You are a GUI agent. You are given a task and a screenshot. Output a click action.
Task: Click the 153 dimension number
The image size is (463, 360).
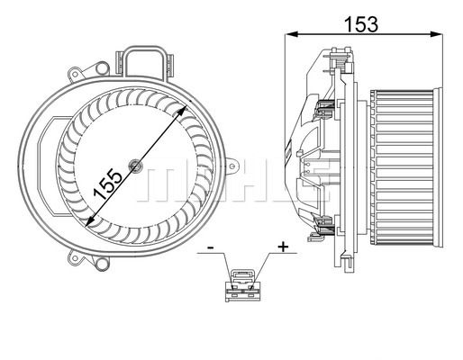pos(361,24)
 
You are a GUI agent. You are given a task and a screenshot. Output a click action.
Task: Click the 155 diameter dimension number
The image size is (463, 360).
pos(108,184)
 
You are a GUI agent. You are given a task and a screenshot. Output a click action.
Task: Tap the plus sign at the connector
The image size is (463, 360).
pos(283,247)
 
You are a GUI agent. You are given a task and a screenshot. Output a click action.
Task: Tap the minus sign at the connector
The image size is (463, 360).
pos(211,247)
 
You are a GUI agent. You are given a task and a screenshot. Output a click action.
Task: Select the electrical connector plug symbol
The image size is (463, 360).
pos(243,285)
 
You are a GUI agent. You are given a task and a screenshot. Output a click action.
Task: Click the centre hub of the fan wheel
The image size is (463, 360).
pos(135,166)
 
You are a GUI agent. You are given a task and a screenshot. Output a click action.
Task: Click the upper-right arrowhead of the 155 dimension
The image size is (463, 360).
pos(182,112)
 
